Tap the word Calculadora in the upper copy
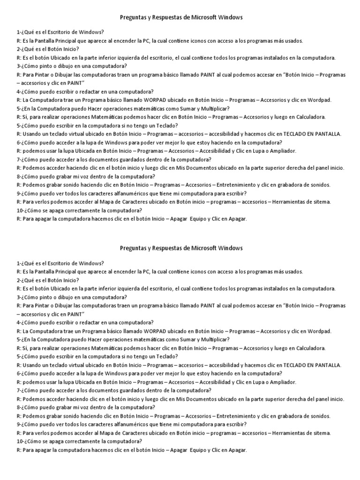(x=308, y=117)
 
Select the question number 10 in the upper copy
(x=20, y=210)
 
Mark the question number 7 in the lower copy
(x=18, y=390)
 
